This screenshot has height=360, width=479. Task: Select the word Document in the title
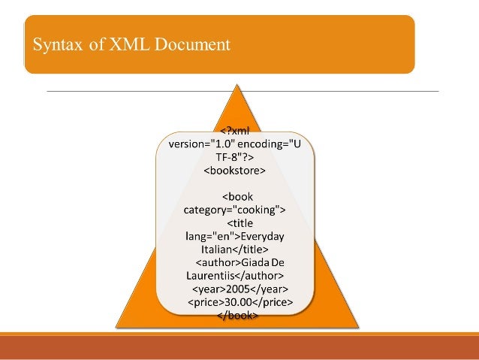point(191,45)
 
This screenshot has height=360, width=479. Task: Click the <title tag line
point(239,223)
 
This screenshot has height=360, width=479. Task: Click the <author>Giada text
point(230,263)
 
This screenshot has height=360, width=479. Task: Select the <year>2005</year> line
point(239,289)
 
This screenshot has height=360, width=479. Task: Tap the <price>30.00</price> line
point(239,303)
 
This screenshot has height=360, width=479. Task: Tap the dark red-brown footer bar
point(239,348)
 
